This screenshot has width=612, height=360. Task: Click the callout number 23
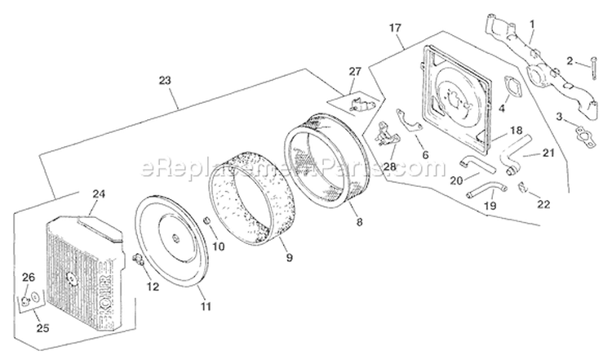click(166, 81)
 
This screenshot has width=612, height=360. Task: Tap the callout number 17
click(395, 29)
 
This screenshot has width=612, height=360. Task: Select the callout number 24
click(100, 194)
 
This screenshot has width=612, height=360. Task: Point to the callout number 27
click(354, 72)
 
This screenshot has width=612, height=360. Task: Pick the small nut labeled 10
click(207, 223)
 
